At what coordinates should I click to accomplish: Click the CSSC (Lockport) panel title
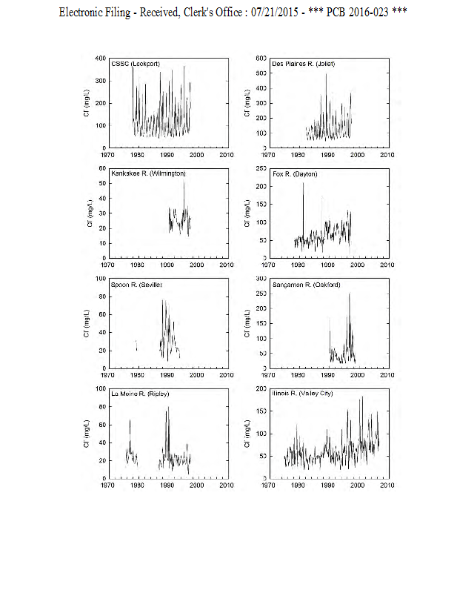point(136,64)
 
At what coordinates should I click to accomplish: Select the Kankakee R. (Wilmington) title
point(148,173)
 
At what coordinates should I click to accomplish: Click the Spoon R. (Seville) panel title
point(136,285)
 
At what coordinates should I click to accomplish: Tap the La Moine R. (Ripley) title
point(139,394)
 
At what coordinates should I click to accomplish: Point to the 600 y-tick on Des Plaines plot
point(261,58)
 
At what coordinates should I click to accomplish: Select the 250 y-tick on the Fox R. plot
point(261,168)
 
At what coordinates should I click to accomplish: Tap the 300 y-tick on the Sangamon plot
point(261,279)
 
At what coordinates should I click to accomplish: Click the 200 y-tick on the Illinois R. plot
point(261,388)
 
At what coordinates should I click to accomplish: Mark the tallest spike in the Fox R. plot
point(303,183)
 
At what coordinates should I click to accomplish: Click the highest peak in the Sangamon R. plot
point(350,294)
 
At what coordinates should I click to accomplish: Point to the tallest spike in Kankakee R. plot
point(184,182)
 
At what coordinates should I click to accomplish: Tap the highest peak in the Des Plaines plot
point(326,74)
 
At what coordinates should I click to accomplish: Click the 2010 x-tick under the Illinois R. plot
point(386,486)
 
